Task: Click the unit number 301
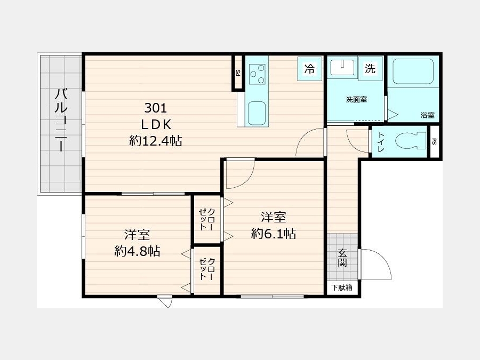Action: point(156,108)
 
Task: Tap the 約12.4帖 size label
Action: point(156,141)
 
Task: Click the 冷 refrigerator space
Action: point(309,69)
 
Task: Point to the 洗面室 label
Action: point(356,100)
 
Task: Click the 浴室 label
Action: point(427,115)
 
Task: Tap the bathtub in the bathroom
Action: point(413,71)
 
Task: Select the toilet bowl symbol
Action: point(411,141)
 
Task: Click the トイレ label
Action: point(381,142)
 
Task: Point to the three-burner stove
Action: point(257,74)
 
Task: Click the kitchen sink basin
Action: point(257,113)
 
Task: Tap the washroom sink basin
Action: point(342,67)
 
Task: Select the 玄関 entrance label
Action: point(342,258)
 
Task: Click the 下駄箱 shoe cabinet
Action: point(342,287)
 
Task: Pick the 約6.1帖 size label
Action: point(274,234)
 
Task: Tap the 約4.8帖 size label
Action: point(137,251)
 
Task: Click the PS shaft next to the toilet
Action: point(434,141)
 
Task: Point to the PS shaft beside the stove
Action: point(238,73)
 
